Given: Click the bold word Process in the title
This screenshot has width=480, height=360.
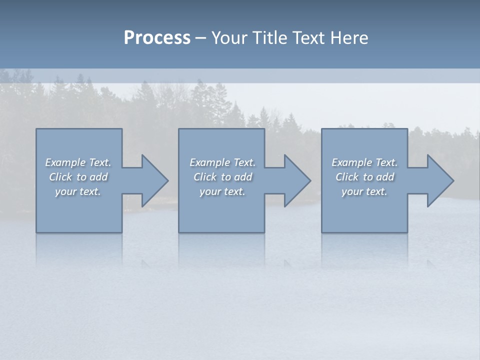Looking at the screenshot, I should coord(157,38).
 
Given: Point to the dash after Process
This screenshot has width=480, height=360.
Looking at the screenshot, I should coord(201,38).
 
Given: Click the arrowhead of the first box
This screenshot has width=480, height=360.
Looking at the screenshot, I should coord(154,180).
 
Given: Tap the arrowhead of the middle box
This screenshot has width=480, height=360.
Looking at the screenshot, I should coord(297,180).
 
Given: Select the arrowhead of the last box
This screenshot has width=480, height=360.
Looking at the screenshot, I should coord(440,180).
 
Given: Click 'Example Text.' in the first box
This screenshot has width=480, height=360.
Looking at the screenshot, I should coord(78,162).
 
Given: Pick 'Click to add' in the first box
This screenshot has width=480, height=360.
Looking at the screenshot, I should coord(78,177).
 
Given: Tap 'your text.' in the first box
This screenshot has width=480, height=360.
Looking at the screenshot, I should coord(78,191).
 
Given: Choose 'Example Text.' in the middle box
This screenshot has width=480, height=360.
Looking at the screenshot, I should coord(222,162).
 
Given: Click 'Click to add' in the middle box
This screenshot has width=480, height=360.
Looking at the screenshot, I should coord(222,177).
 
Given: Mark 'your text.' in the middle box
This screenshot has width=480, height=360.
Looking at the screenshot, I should coord(222,191).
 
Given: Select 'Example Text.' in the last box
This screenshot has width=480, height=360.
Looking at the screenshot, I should coord(364,162).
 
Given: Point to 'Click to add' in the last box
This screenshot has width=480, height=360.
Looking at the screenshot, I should coord(364,177).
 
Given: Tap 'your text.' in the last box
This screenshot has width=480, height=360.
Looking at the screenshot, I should coord(364,191).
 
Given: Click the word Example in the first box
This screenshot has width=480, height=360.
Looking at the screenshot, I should coord(65,162).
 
